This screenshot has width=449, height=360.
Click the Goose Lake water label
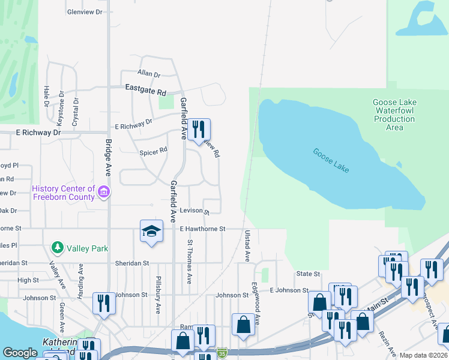pyautogui.click(x=331, y=161)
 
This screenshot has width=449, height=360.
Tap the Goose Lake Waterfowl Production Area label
pyautogui.click(x=394, y=115)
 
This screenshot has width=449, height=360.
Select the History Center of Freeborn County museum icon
pyautogui.click(x=104, y=192)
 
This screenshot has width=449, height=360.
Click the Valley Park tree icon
pyautogui.click(x=58, y=247)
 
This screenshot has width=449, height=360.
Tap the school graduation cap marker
pyautogui.click(x=151, y=231)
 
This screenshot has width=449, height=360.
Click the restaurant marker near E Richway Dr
pyautogui.click(x=199, y=129)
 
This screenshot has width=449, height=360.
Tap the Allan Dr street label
pyautogui.click(x=149, y=74)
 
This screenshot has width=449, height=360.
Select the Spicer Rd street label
pyautogui.click(x=153, y=152)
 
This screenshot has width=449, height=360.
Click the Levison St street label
pyautogui.click(x=194, y=212)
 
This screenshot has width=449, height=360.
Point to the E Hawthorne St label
pyautogui.click(x=202, y=229)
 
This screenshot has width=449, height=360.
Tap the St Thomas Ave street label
pyautogui.click(x=190, y=262)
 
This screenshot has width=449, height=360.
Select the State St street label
pyautogui.click(x=308, y=274)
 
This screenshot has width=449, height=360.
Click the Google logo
pyautogui.click(x=20, y=353)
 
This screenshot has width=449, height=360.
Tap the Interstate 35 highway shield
pyautogui.click(x=222, y=352)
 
